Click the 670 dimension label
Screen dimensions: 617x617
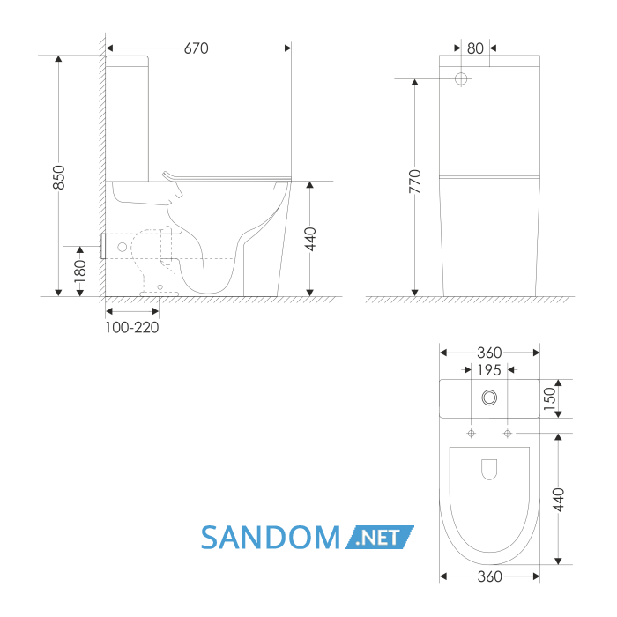coord(196,48)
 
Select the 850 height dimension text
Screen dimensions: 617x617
coord(59,177)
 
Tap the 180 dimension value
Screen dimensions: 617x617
coord(80,271)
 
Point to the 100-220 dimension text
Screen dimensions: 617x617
coord(132,327)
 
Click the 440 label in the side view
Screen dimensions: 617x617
coord(310,239)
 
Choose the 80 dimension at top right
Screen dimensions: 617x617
coord(475,48)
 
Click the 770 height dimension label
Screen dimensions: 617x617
coord(415,182)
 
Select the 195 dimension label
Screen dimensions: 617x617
coord(488,370)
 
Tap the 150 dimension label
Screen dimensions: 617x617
coord(550,398)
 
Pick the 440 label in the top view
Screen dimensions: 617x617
coord(558,500)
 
